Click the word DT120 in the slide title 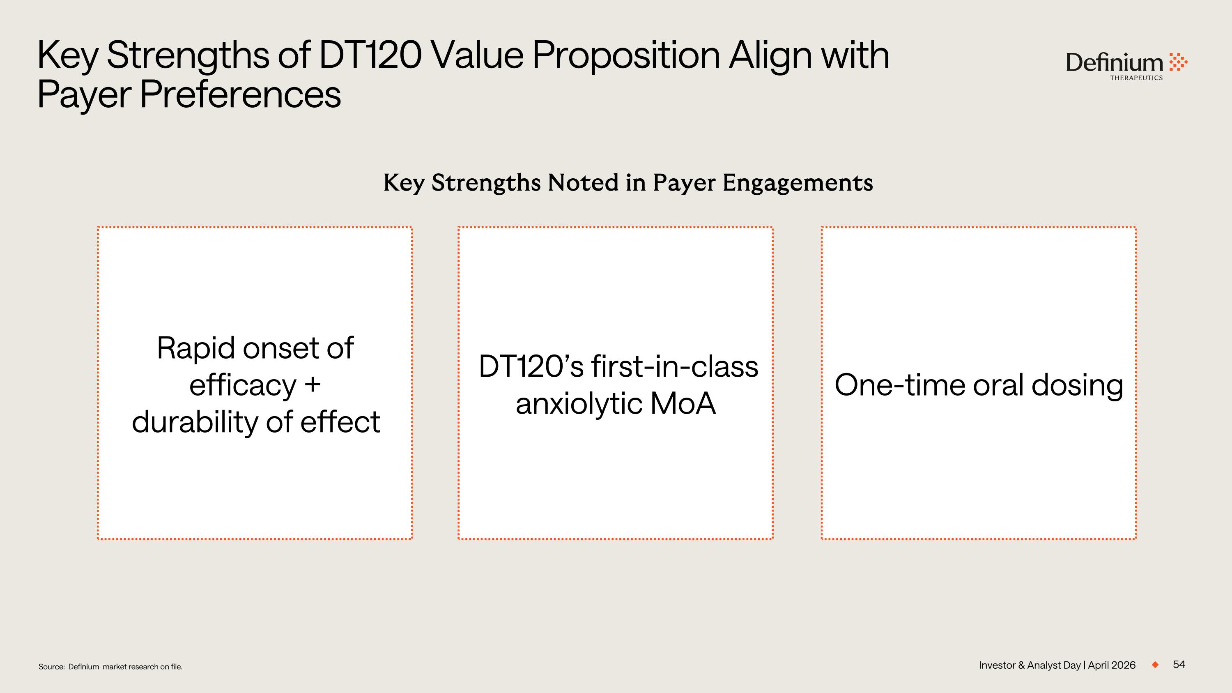(370, 55)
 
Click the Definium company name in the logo (1115, 63)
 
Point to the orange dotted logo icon (1179, 62)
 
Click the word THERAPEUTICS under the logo (1136, 78)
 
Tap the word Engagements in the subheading (798, 183)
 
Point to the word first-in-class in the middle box (675, 367)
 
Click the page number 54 (1179, 664)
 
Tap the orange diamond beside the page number (1155, 664)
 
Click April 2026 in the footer (1112, 665)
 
